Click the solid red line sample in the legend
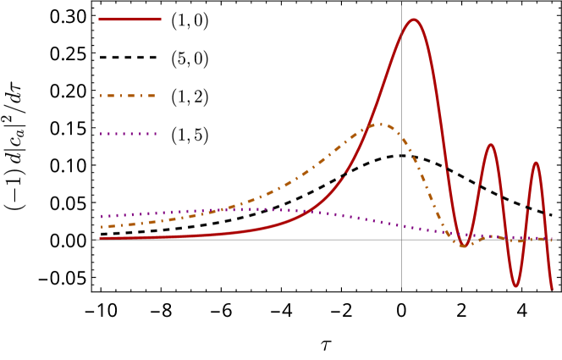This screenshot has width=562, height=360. click(129, 19)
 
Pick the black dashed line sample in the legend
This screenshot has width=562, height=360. click(129, 57)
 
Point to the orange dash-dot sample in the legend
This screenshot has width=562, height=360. click(129, 96)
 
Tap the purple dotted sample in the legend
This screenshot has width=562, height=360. click(129, 134)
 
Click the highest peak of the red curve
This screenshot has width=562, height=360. click(413, 19)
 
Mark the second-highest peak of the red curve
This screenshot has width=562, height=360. click(490, 145)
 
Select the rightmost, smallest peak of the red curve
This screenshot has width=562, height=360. click(536, 162)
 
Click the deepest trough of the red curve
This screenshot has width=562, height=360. click(515, 286)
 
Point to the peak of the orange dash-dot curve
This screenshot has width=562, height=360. click(381, 125)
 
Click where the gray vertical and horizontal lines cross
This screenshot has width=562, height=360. click(401, 240)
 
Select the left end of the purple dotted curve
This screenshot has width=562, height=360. click(100, 216)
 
